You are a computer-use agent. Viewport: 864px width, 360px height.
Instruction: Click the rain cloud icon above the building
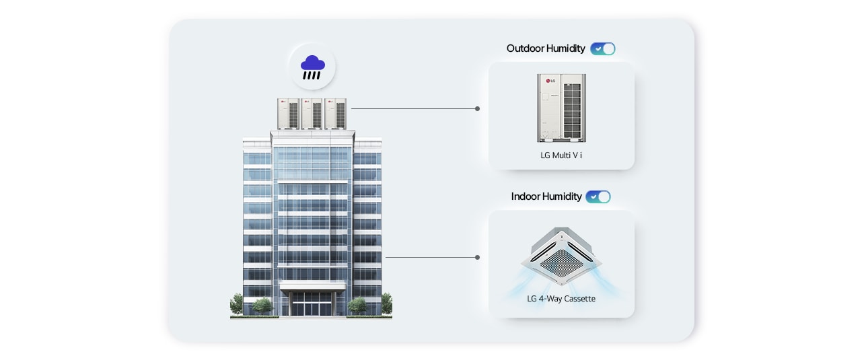point(312,67)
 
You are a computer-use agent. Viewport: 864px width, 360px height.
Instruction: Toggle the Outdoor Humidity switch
point(602,48)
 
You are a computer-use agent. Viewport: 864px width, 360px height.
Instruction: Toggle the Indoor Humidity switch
point(598,196)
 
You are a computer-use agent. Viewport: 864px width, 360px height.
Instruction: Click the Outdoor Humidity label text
point(546,48)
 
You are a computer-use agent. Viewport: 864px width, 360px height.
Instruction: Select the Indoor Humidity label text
point(546,196)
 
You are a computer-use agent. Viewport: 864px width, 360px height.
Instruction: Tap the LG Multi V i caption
point(561,155)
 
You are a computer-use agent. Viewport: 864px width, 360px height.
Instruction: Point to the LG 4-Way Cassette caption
point(561,298)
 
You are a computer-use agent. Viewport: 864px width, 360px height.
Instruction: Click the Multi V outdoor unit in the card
point(561,108)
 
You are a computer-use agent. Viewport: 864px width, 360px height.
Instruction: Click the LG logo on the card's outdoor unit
point(549,82)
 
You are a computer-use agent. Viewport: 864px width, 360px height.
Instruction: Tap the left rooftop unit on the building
point(289,114)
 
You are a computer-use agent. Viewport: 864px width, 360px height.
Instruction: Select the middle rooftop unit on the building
point(312,114)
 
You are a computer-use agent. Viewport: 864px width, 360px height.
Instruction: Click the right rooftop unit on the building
point(335,114)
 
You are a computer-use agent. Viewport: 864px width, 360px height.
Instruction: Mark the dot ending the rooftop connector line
point(477,108)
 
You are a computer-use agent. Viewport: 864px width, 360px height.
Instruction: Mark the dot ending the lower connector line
point(477,257)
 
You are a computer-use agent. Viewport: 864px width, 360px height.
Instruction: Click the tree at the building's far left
point(236,304)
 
